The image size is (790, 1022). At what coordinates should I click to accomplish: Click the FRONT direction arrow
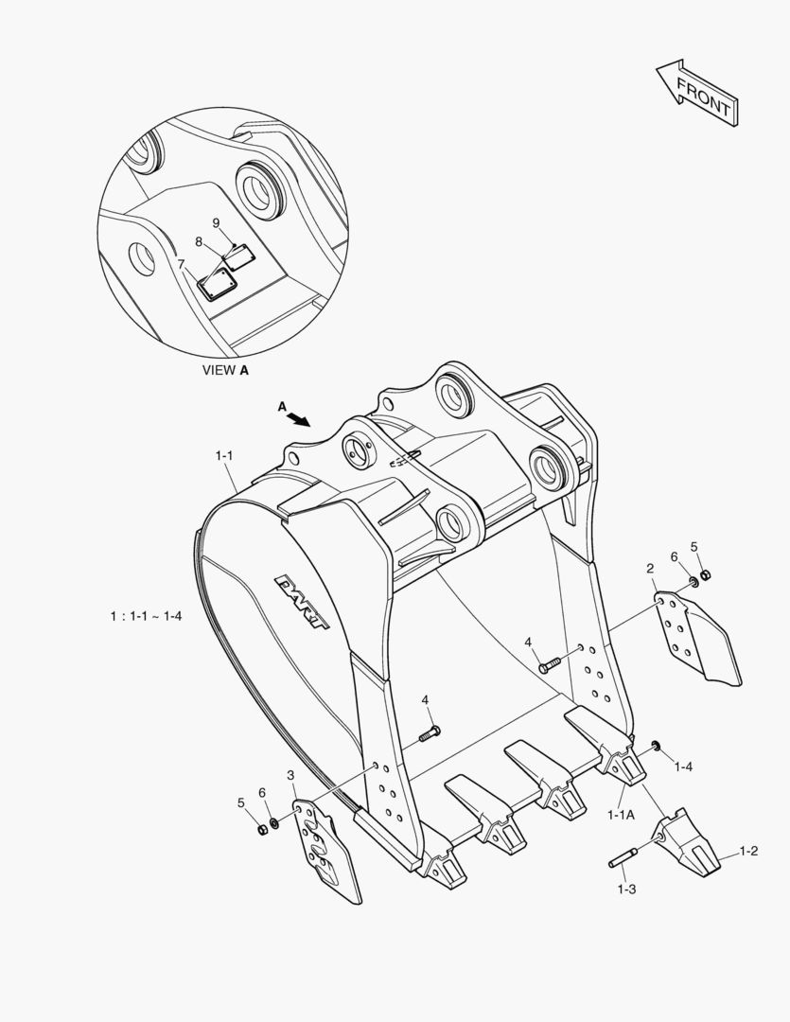tap(695, 91)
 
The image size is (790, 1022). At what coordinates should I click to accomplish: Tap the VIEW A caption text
tap(226, 371)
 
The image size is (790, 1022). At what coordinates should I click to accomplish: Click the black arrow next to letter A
tap(300, 417)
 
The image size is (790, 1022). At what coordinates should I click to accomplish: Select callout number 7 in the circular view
tap(181, 264)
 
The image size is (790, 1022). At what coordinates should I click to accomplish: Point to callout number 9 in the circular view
tap(216, 222)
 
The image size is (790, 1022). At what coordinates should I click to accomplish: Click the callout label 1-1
tap(224, 456)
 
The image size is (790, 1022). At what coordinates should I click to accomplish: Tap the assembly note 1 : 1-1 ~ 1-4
tap(145, 616)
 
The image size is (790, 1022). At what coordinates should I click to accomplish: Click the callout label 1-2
tap(748, 851)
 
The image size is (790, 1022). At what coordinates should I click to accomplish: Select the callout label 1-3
tap(626, 890)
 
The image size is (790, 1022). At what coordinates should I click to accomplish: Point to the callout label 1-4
tap(683, 767)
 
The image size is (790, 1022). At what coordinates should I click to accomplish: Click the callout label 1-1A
tap(621, 814)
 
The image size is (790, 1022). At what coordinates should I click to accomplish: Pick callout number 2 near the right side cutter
tap(650, 569)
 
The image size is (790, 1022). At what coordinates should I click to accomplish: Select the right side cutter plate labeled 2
tap(698, 637)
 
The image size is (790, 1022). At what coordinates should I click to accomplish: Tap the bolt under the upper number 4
tap(549, 665)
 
